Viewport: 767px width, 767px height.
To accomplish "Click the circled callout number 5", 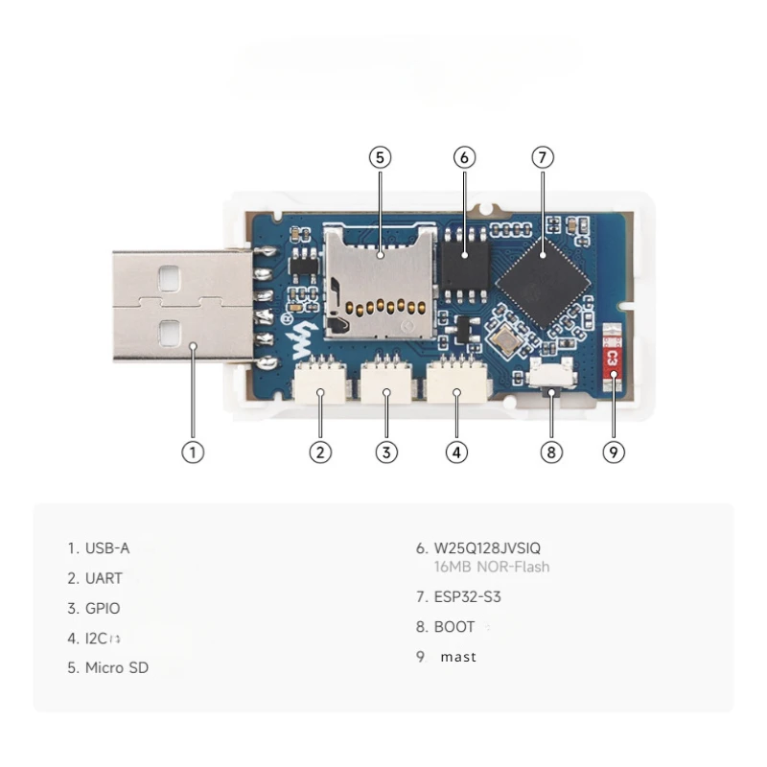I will (381, 156).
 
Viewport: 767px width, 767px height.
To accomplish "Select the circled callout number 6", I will (464, 156).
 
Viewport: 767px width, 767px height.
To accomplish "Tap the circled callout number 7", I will (543, 156).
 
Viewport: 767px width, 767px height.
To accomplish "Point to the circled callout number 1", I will (193, 452).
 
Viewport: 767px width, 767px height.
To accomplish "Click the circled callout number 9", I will (615, 452).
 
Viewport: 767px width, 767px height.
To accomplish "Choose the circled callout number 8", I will (550, 452).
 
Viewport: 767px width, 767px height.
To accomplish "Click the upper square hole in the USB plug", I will (169, 277).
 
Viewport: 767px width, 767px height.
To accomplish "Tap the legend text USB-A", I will (107, 548).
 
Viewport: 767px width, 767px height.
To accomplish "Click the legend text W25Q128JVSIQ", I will (487, 547).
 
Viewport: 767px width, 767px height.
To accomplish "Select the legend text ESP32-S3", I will (468, 596).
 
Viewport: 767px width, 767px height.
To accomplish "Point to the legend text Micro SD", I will (117, 667).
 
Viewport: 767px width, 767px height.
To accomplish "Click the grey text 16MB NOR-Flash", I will (492, 567).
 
